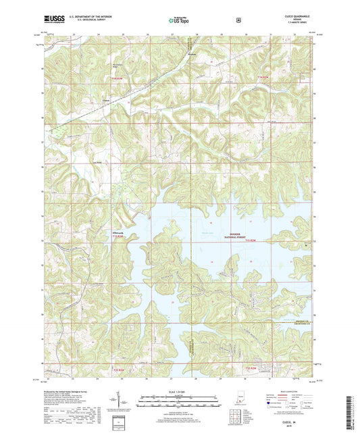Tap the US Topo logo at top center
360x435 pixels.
179,20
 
